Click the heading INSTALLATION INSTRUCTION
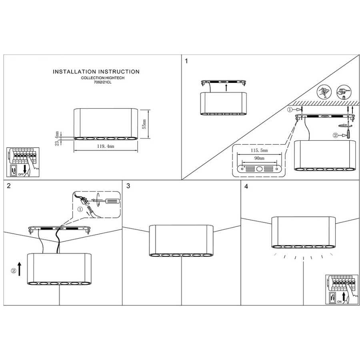(x=96, y=72)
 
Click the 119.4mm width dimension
(x=106, y=146)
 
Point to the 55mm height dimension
(x=144, y=124)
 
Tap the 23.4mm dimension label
(x=57, y=138)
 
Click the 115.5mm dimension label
(x=259, y=150)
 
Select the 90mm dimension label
(x=259, y=158)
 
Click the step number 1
(x=186, y=61)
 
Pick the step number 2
(x=9, y=186)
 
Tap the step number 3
(x=128, y=186)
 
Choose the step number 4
(x=246, y=186)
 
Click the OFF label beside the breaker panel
(x=21, y=174)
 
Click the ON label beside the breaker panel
(x=339, y=302)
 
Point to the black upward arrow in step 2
(x=20, y=269)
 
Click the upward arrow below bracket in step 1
(x=226, y=88)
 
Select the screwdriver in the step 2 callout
(x=105, y=201)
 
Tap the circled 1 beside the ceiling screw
(x=290, y=110)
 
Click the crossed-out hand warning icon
(x=324, y=92)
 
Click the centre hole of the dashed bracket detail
(x=259, y=169)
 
